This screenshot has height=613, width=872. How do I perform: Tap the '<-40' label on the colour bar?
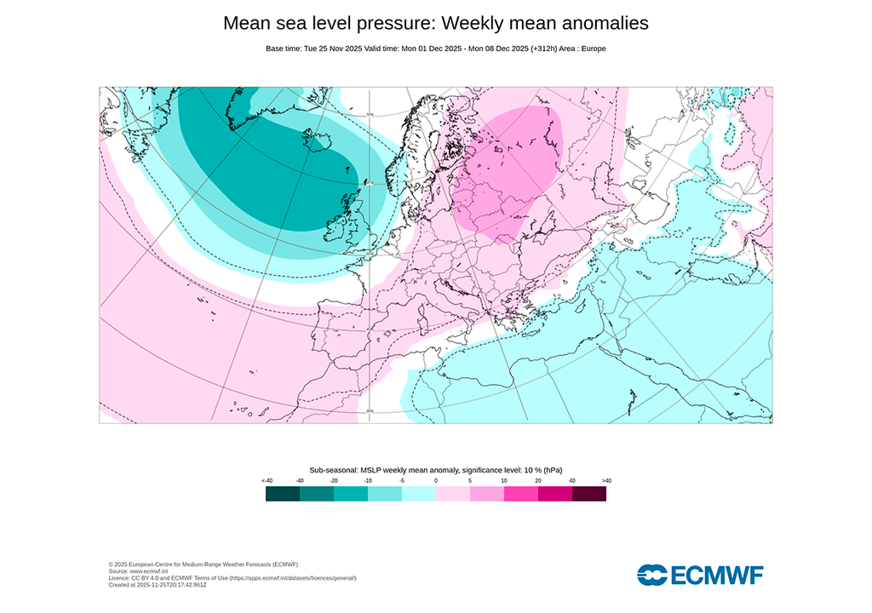[x=267, y=481]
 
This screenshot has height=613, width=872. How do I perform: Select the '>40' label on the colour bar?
[x=606, y=481]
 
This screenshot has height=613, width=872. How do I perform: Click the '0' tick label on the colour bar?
[x=436, y=481]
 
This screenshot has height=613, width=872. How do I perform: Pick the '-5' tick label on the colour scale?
[x=402, y=481]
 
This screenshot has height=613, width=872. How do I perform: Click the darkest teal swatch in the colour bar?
[x=283, y=494]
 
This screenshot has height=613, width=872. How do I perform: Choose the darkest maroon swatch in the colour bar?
[x=589, y=494]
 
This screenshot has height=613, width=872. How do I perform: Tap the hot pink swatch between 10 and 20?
[x=521, y=494]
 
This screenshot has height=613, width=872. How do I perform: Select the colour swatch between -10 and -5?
[x=385, y=494]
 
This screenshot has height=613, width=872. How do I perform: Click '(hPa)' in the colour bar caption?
[x=553, y=470]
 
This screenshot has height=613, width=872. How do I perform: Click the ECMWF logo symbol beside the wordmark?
[x=652, y=575]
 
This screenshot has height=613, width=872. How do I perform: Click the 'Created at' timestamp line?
[x=158, y=585]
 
